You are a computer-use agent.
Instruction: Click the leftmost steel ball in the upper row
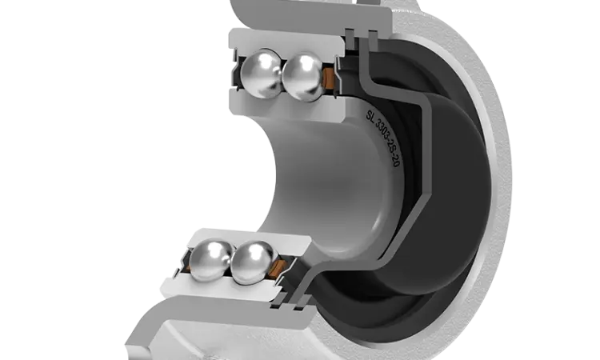click(x=261, y=73)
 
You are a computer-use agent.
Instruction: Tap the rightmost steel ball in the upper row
click(x=303, y=78)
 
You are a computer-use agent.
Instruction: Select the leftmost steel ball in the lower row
click(x=210, y=259)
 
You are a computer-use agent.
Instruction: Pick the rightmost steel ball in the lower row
click(x=253, y=263)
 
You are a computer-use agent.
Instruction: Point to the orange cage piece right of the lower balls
click(x=278, y=267)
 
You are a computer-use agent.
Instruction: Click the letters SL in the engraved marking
click(x=370, y=114)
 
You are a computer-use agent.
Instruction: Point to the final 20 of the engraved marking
click(x=396, y=161)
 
